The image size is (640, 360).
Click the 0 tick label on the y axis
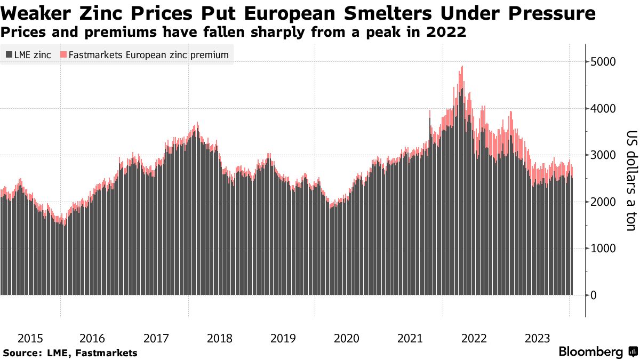[x=592, y=295]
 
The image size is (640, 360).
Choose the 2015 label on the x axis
[x=31, y=338]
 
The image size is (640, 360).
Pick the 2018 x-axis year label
[x=219, y=338]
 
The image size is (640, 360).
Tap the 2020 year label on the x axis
[x=346, y=338]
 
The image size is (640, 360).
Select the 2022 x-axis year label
[x=474, y=338]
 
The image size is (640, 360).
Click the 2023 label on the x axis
[x=537, y=338]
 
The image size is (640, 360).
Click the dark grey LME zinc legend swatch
[x=9, y=54]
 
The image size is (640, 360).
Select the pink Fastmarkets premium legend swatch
[x=64, y=54]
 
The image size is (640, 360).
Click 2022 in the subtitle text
[x=449, y=33]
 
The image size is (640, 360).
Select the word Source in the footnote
[x=21, y=353]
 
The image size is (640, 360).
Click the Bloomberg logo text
[x=591, y=352]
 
